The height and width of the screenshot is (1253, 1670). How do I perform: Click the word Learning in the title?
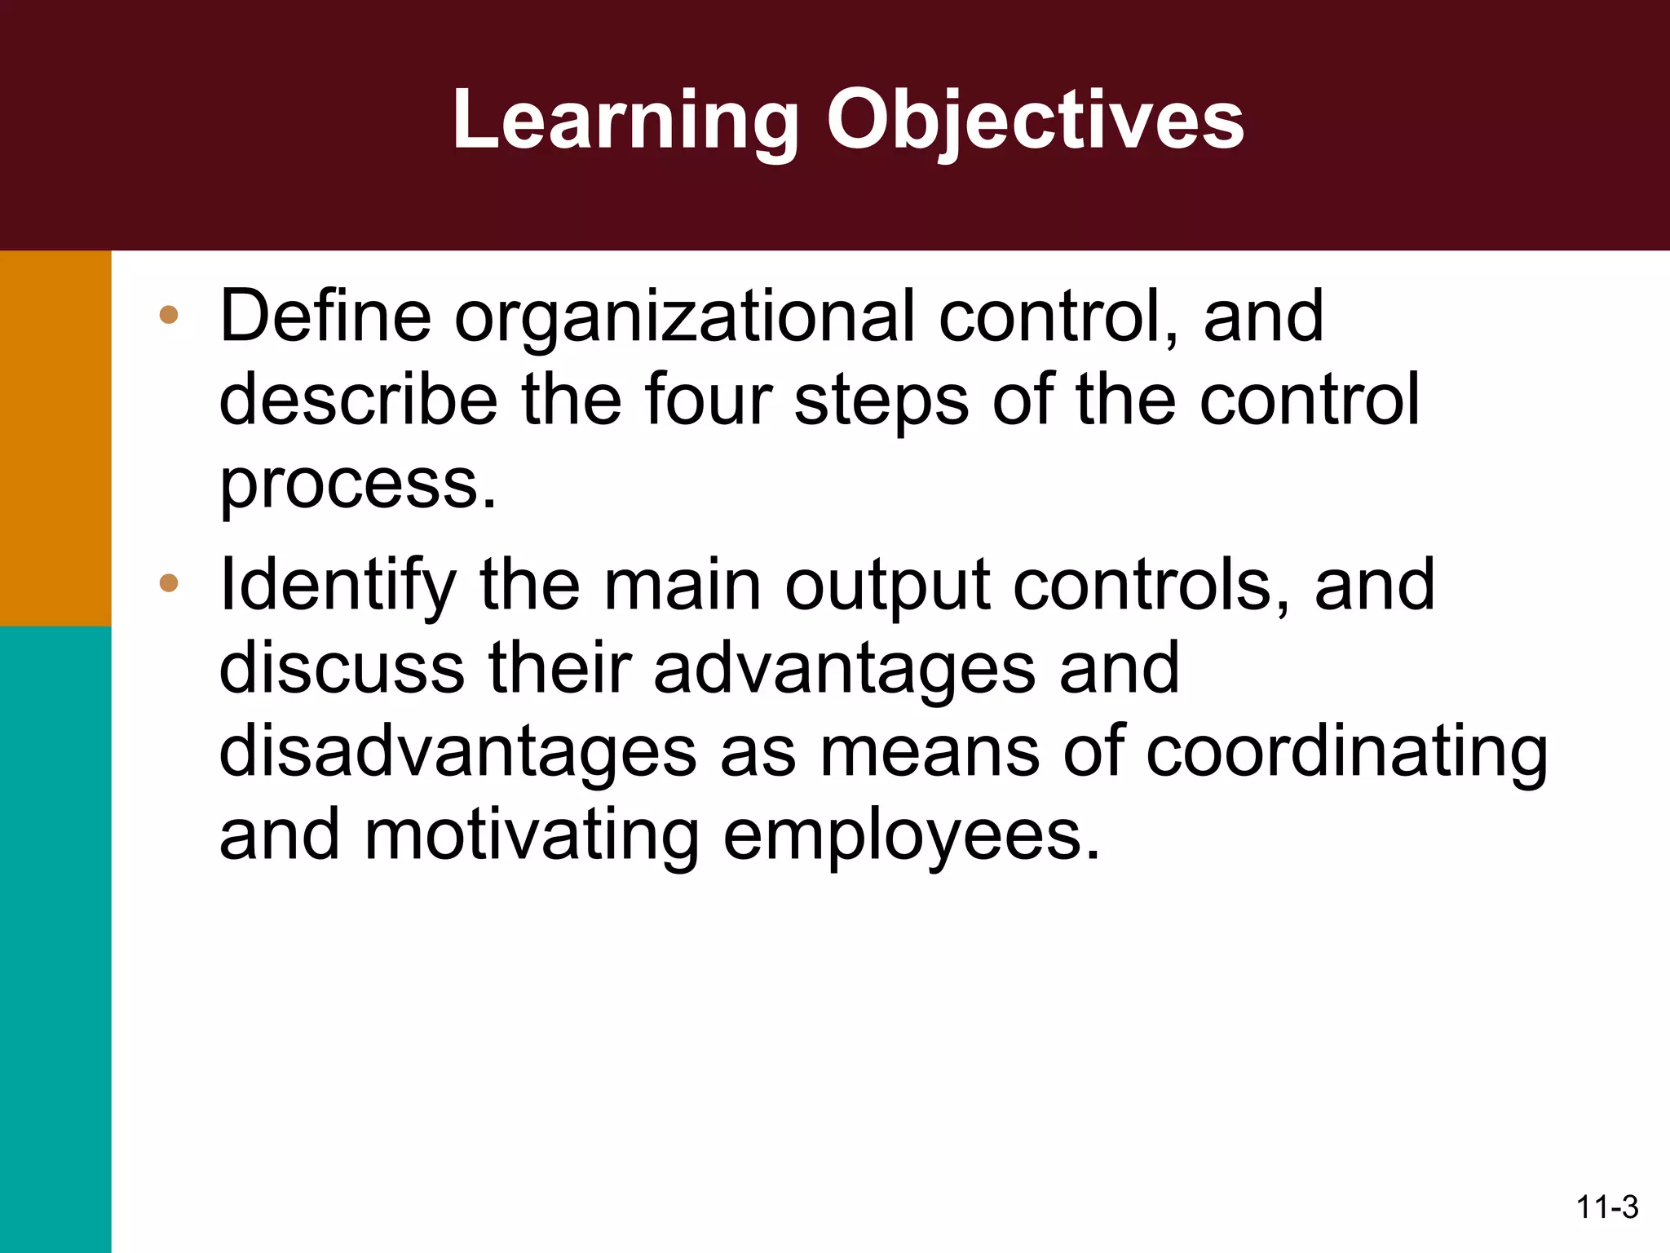(625, 121)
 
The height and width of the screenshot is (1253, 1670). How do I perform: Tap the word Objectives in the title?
(1035, 121)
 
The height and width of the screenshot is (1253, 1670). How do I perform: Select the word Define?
(325, 316)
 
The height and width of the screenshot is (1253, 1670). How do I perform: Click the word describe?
(358, 400)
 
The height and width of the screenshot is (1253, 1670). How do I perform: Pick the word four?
(709, 400)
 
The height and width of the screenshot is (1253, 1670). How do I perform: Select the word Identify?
(338, 586)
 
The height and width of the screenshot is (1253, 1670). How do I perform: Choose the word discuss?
(342, 667)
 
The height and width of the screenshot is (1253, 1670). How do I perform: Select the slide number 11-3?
(1606, 1207)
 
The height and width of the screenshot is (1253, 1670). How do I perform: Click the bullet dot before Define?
(169, 315)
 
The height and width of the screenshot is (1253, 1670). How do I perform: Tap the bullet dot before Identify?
(169, 582)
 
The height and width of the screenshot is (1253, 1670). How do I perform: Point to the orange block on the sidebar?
(55, 438)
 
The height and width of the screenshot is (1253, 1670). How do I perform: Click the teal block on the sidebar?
(55, 938)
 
